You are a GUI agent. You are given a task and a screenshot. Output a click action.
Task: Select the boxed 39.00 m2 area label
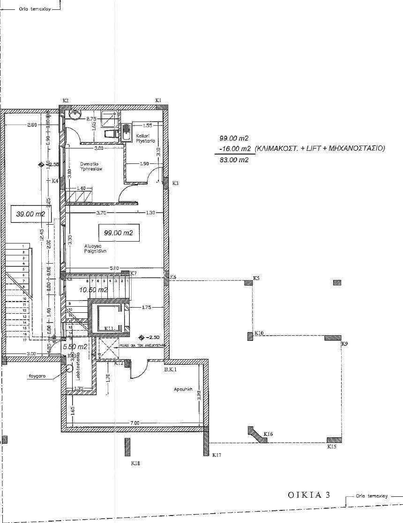pyautogui.click(x=30, y=214)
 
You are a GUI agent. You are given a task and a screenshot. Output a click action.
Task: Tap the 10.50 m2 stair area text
pyautogui.click(x=93, y=290)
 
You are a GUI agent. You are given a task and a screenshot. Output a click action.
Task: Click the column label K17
pyautogui.click(x=216, y=455)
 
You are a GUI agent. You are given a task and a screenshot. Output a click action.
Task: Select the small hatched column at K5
pyautogui.click(x=248, y=282)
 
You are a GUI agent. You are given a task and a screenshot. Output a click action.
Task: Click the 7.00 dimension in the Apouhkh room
pyautogui.click(x=134, y=423)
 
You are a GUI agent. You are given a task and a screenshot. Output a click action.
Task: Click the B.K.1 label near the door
pyautogui.click(x=169, y=370)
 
